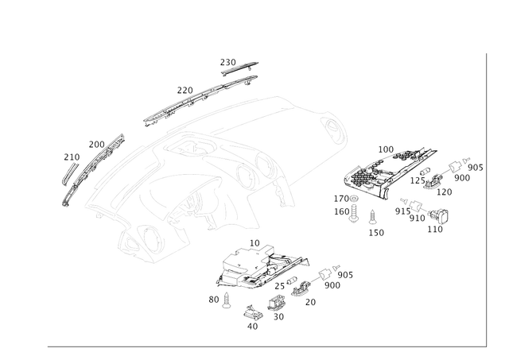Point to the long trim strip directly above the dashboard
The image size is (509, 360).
coord(199,98)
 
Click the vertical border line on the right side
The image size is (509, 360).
coord(484,199)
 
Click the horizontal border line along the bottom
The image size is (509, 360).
coord(262,346)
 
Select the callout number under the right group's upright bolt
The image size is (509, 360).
coord(378,233)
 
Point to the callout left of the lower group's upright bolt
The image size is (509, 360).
coord(213,299)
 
